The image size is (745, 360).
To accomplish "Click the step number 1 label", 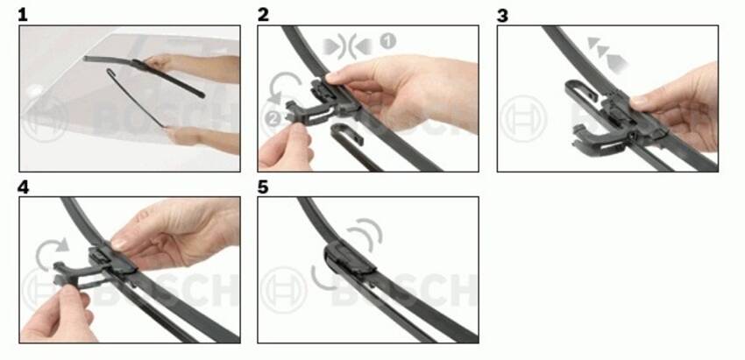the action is pos(22,15).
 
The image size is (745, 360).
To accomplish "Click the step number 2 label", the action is pos(263,15).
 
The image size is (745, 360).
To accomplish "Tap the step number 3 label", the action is pos(502,15).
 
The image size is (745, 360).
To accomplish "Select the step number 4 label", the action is pos(24,187).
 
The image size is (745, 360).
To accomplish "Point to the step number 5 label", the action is pos(263,187).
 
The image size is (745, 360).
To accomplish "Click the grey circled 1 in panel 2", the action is pos(387,41).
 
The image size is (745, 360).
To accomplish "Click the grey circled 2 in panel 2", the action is pos(273,118).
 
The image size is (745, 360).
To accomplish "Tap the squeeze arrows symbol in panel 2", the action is pos(347,47).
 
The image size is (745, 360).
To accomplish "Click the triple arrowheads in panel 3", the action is pos(607,54).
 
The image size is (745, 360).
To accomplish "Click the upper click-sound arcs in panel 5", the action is pos(366,233).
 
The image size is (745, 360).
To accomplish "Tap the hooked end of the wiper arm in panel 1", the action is pos(110,73).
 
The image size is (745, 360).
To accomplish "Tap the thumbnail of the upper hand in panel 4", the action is pos(119,244).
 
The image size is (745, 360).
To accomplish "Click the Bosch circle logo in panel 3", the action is pos(523,119).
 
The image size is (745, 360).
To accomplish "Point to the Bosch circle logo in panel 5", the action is pos(284,290).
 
